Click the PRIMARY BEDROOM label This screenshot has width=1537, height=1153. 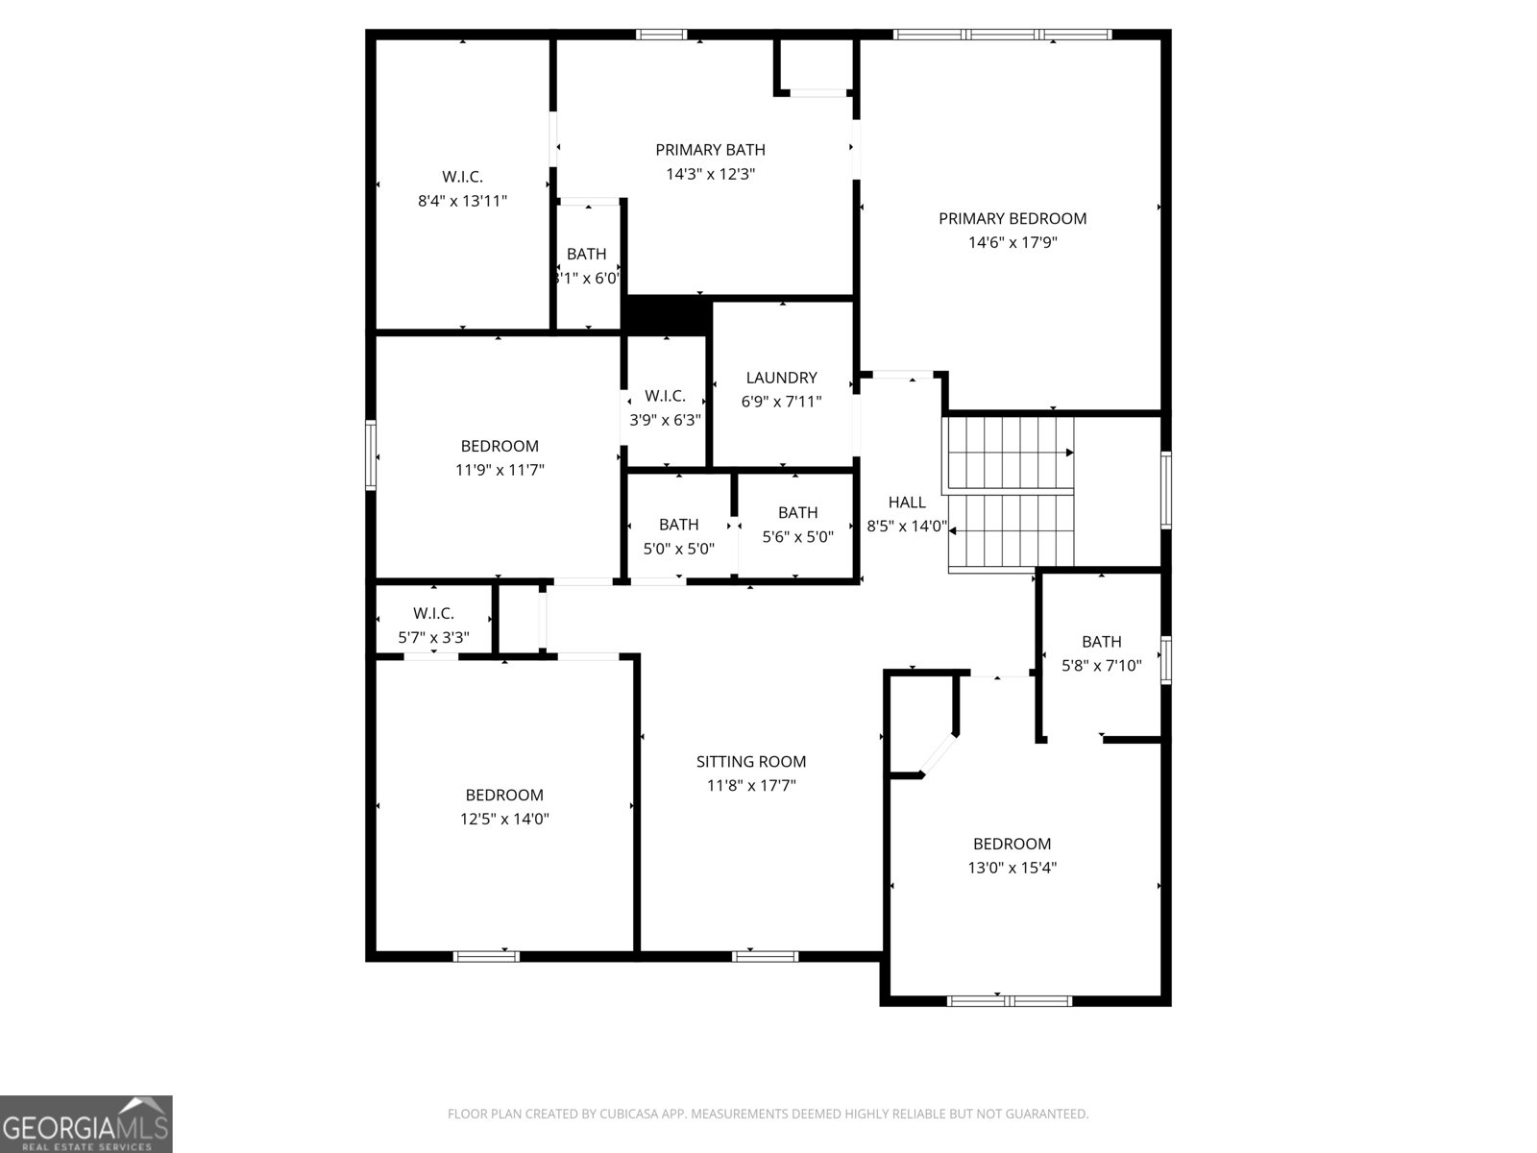click(1012, 218)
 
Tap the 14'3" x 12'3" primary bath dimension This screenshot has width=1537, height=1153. click(710, 174)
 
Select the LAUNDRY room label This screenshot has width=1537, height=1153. click(781, 378)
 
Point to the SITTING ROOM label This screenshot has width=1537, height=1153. click(750, 761)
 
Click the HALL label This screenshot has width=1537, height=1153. click(907, 502)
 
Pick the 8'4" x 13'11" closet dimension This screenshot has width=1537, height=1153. click(462, 201)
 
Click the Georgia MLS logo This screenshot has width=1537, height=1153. click(85, 1123)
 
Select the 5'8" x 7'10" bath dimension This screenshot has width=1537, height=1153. click(1101, 665)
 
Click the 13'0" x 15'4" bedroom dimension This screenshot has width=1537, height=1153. click(1012, 868)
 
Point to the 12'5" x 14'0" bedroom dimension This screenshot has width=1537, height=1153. click(504, 819)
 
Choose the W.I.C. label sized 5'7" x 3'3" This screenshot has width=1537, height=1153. click(433, 613)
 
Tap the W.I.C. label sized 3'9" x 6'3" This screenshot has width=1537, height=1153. click(665, 396)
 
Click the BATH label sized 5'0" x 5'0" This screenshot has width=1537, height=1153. click(678, 525)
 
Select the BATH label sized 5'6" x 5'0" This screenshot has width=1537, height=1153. click(797, 512)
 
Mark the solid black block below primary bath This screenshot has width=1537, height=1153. click(667, 315)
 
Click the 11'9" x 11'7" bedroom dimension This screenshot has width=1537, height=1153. click(500, 470)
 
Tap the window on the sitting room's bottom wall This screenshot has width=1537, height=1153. click(765, 956)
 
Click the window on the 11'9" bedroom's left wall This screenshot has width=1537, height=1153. click(371, 455)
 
